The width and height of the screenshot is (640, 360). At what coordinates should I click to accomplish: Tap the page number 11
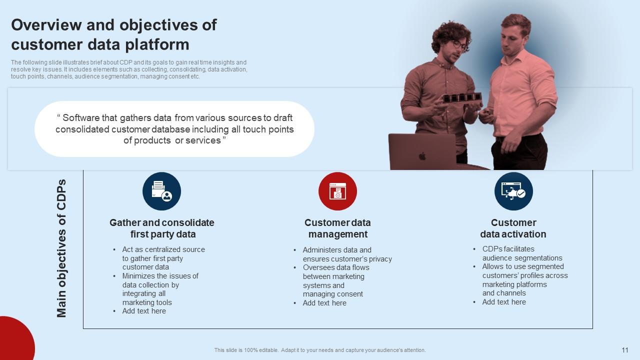[624, 350]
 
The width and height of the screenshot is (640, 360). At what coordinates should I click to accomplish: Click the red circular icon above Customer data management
[337, 191]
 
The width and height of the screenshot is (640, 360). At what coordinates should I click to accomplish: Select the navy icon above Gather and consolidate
[161, 191]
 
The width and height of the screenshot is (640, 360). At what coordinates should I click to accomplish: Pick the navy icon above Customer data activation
[513, 191]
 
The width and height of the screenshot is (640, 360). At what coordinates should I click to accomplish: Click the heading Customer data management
[337, 228]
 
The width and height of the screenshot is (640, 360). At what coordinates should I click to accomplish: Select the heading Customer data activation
[513, 228]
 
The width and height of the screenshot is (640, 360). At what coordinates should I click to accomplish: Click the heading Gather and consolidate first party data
[162, 228]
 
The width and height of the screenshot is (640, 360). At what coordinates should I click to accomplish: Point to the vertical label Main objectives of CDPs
[61, 248]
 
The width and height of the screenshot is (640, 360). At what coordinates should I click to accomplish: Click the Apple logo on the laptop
[421, 156]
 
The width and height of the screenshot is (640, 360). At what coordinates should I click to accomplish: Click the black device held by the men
[462, 97]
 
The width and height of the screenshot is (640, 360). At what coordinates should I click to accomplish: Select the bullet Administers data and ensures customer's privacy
[347, 254]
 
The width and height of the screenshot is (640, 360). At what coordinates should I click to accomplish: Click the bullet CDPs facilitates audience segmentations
[521, 253]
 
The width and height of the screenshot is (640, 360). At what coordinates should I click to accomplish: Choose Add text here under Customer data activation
[503, 302]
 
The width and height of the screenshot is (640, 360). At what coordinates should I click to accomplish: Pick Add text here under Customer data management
[324, 303]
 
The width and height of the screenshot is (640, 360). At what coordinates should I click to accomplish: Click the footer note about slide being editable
[320, 350]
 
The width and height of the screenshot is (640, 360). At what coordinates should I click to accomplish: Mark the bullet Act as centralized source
[163, 249]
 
